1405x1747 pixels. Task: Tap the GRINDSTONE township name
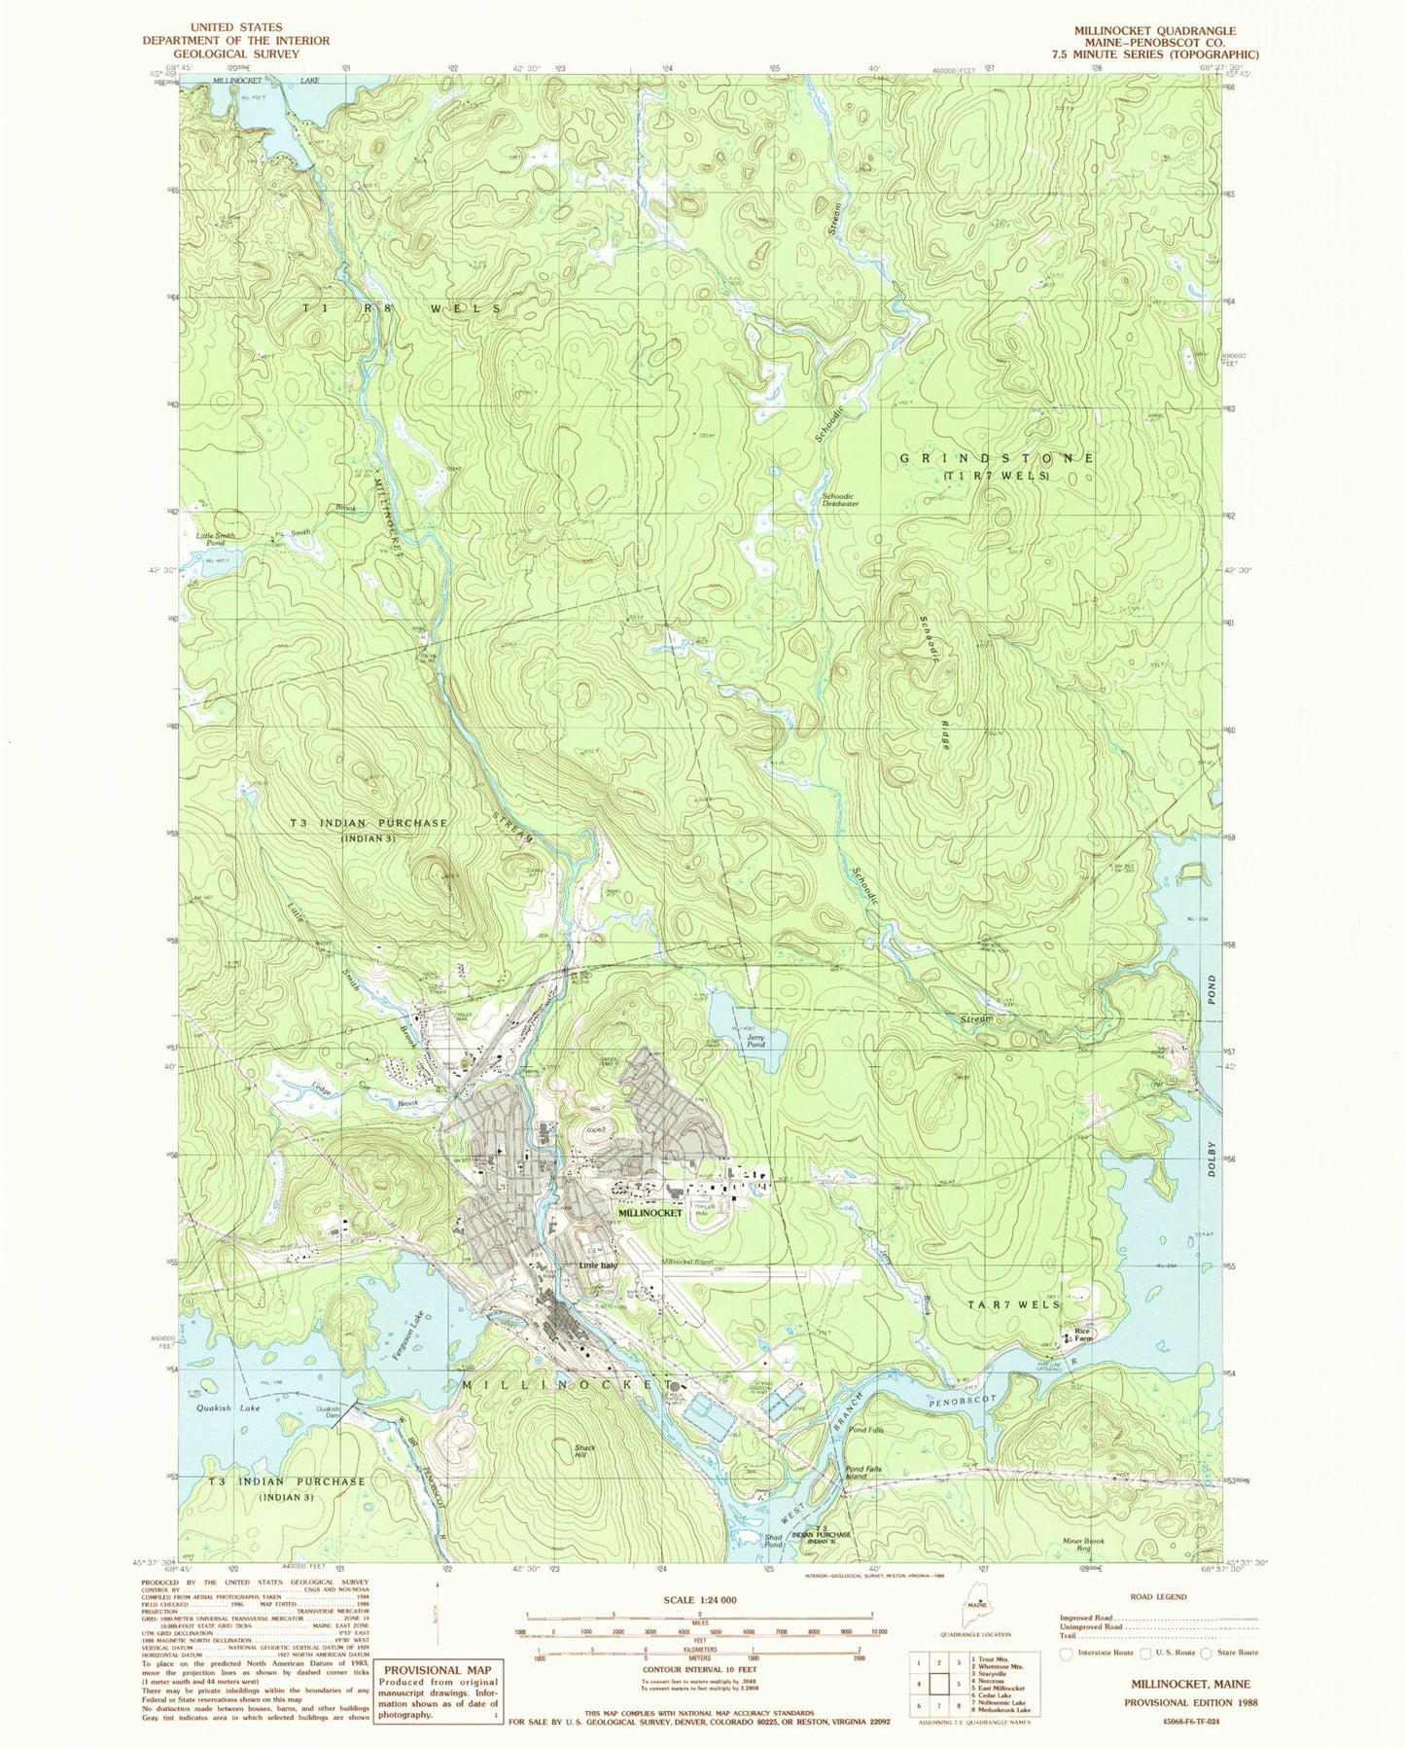tap(997, 457)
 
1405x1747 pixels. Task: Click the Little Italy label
tap(598, 1265)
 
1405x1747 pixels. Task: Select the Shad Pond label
tap(774, 1540)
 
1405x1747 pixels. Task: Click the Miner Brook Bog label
tap(1083, 1544)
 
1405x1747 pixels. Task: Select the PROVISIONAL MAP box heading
tap(439, 1669)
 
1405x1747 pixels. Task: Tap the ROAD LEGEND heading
tap(1158, 1596)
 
